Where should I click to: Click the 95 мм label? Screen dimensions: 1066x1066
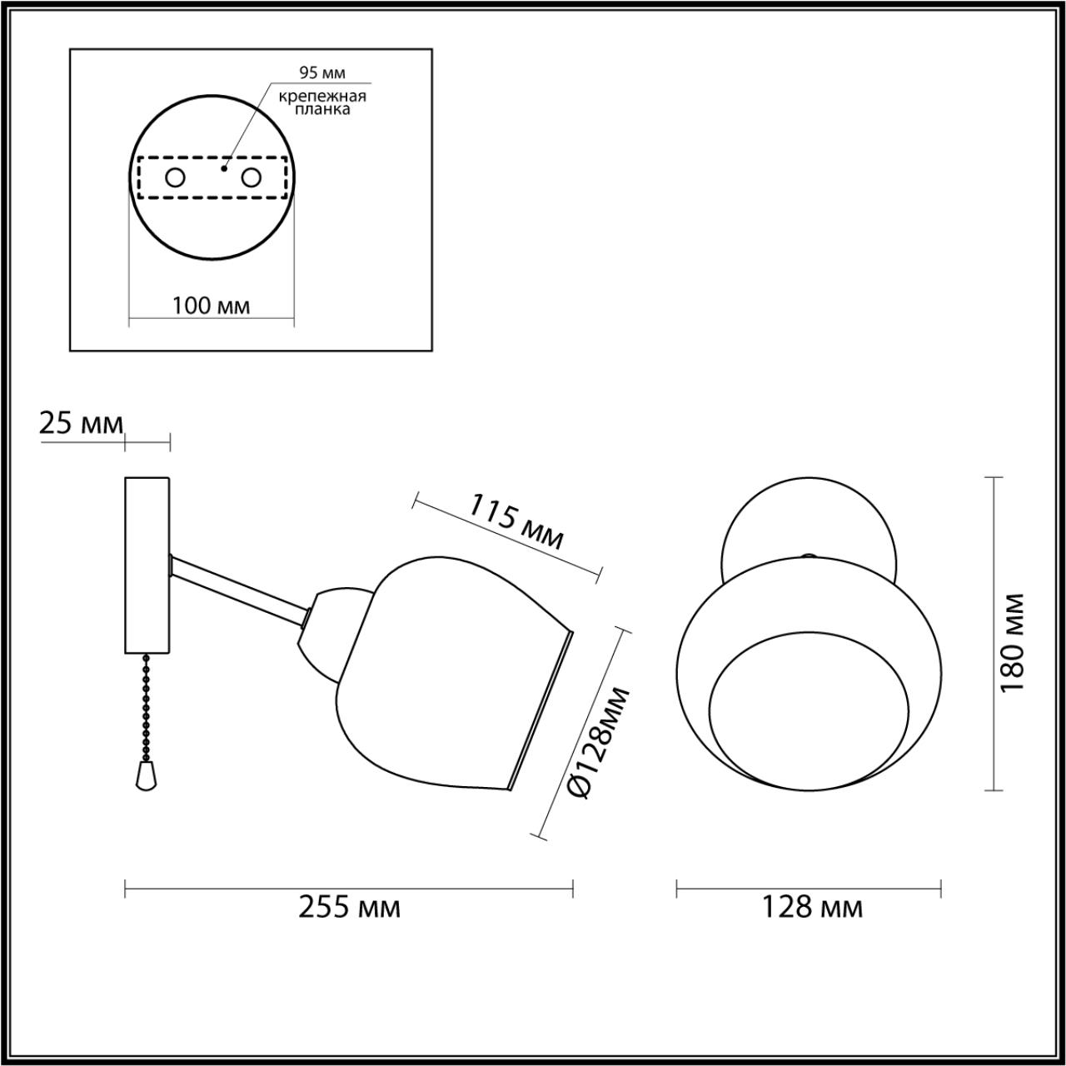[x=321, y=73]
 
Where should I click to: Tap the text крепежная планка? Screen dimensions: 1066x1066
[x=322, y=102]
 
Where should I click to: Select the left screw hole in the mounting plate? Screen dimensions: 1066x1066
[x=175, y=177]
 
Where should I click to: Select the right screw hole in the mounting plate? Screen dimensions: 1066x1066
[x=251, y=177]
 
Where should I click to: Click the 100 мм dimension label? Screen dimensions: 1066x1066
[x=211, y=306]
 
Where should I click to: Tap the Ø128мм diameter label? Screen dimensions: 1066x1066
[x=599, y=744]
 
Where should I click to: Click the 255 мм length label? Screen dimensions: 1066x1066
[x=349, y=907]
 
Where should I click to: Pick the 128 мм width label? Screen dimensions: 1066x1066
[x=812, y=907]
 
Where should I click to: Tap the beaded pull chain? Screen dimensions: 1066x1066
[x=147, y=708]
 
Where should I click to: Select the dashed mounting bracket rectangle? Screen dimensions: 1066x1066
[x=212, y=197]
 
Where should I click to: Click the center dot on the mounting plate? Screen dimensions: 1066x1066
[x=222, y=168]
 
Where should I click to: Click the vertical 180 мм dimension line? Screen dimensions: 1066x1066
[x=991, y=633]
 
